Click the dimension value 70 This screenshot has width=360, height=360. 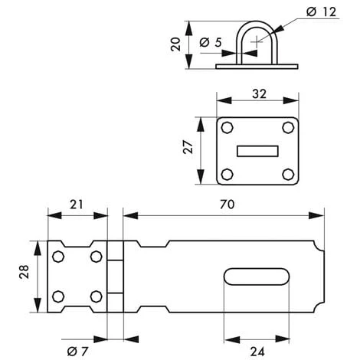point(227,205)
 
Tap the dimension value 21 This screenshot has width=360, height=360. point(77,205)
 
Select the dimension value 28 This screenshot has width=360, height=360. point(25,271)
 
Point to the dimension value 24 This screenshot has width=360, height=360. point(257,352)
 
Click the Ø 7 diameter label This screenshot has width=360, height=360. point(77,352)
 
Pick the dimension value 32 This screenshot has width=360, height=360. point(259,94)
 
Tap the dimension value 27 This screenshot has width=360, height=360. point(188,147)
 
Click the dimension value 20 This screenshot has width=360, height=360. point(176,44)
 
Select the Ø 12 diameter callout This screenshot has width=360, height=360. point(321,12)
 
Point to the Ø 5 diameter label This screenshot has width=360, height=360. point(211,42)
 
